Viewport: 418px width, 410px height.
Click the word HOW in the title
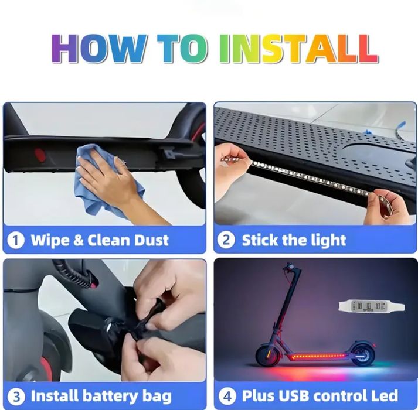[x=98, y=49]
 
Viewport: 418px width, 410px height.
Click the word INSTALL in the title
[x=298, y=49]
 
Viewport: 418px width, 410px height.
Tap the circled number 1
[x=16, y=240]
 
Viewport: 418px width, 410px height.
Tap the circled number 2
[x=226, y=240]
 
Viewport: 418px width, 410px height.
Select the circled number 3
[x=16, y=397]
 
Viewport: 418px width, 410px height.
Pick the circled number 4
[x=227, y=397]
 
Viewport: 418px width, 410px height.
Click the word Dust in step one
[x=151, y=240]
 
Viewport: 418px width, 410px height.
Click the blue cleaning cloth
[x=107, y=181]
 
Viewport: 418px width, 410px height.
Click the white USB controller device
[x=372, y=306]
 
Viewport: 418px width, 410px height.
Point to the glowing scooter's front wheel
[x=268, y=354]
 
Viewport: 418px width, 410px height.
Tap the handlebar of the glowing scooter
[x=293, y=267]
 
